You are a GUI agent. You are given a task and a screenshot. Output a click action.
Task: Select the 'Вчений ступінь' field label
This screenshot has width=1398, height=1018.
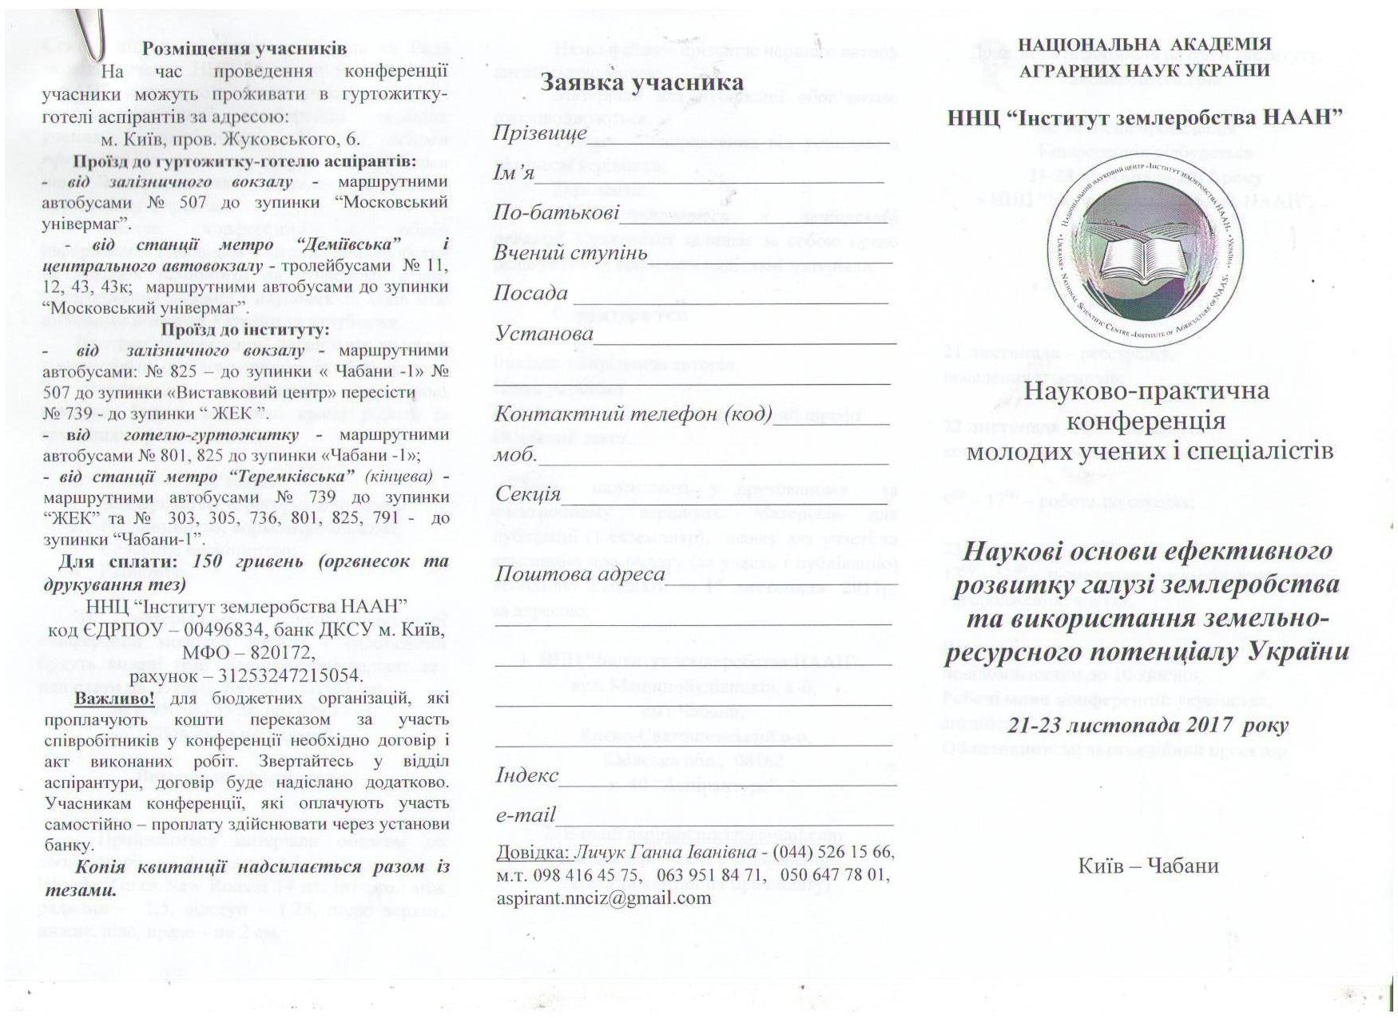click(570, 253)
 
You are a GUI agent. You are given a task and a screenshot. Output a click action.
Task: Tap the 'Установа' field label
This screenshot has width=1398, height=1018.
click(543, 333)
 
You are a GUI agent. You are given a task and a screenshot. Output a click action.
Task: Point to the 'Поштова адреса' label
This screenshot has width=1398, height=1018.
click(579, 574)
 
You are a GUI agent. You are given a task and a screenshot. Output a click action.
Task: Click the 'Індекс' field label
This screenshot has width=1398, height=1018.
click(526, 775)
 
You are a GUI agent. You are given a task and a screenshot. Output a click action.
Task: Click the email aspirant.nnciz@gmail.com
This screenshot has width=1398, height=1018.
click(603, 897)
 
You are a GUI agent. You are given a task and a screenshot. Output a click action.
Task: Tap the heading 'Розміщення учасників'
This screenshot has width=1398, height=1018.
click(244, 48)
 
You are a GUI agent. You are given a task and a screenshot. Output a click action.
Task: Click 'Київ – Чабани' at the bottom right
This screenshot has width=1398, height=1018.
click(1148, 865)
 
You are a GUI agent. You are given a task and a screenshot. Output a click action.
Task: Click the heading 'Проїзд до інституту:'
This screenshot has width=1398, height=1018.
click(245, 330)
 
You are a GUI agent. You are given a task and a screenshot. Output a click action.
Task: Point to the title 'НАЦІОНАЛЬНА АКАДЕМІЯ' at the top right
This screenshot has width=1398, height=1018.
click(1144, 45)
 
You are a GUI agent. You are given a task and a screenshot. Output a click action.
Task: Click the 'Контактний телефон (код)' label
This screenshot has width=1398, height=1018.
click(633, 414)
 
